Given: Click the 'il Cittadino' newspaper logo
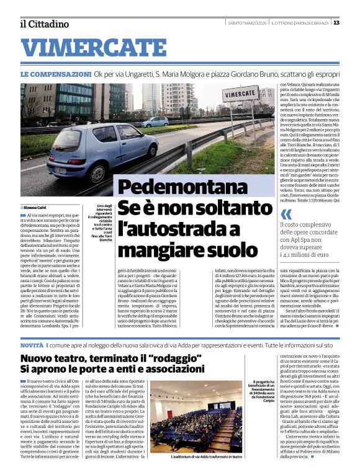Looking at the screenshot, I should (x=44, y=24).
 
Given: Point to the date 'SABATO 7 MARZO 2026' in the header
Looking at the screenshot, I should (x=250, y=23).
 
